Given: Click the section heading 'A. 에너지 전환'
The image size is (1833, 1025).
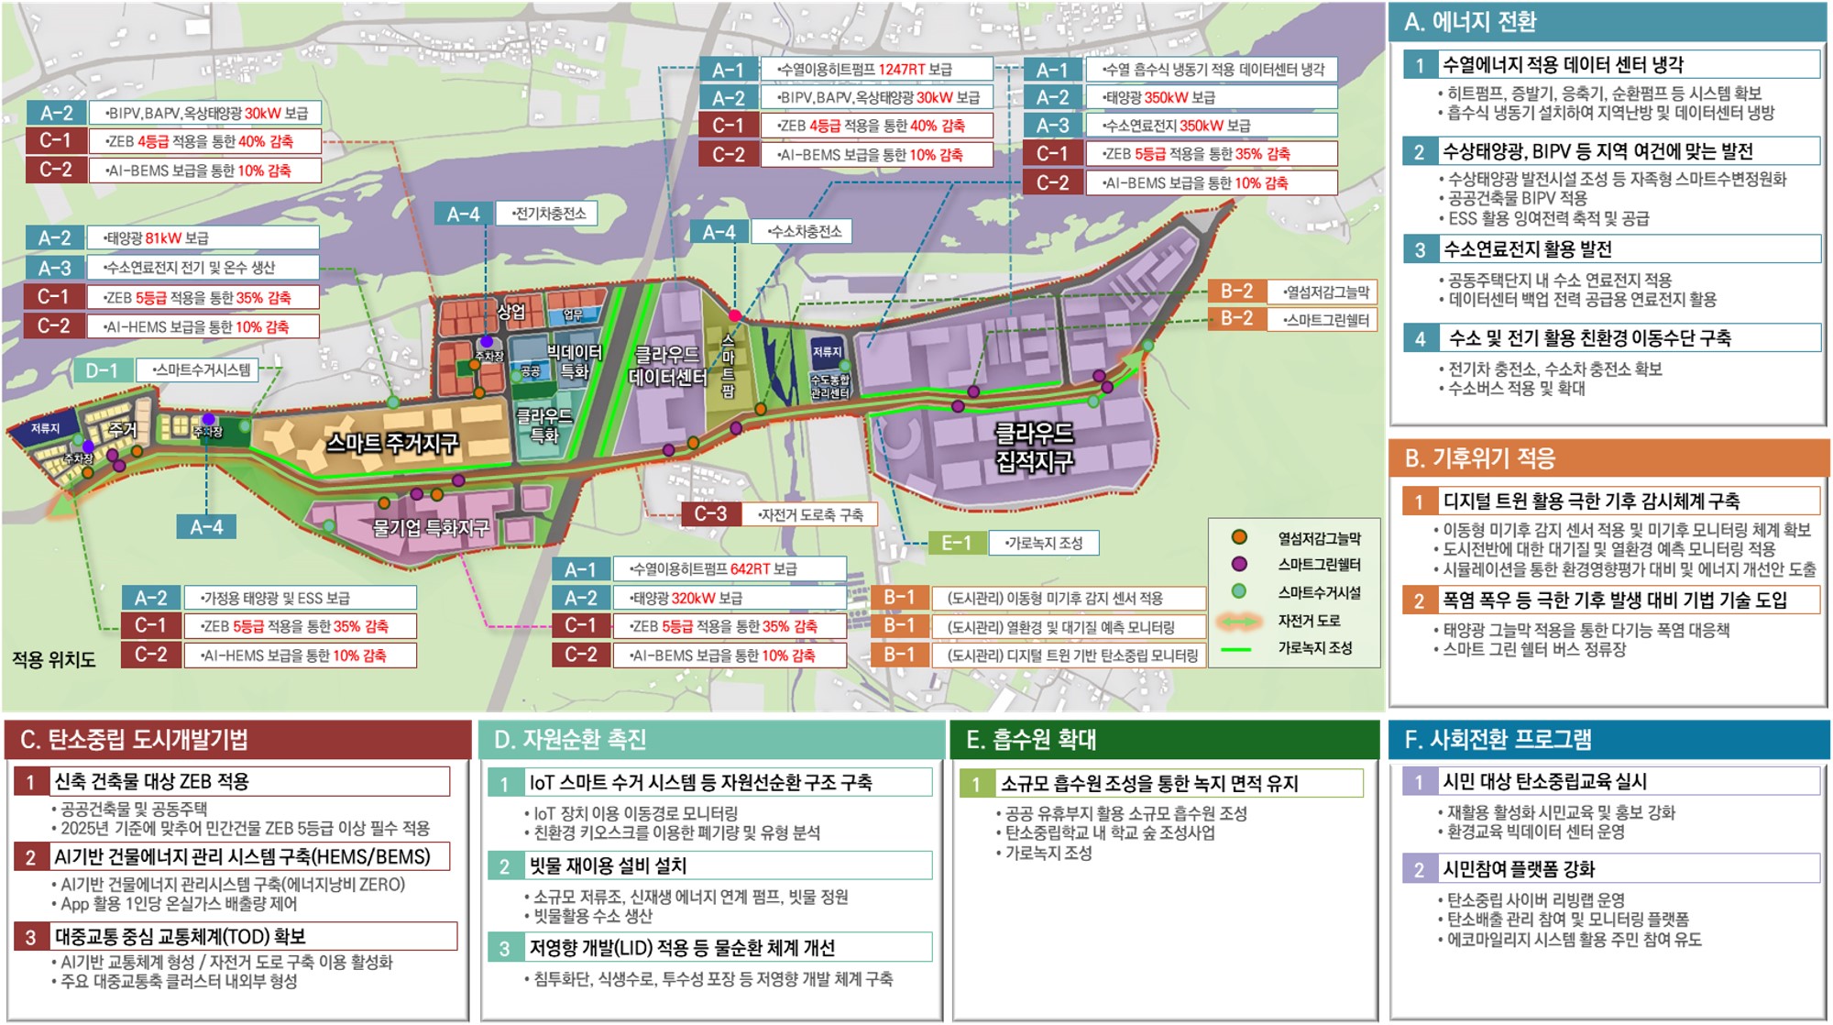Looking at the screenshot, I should [x=1471, y=22].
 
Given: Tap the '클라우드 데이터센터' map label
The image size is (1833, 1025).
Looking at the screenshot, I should [x=667, y=365].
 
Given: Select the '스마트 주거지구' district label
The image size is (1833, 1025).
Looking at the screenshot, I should [x=392, y=444].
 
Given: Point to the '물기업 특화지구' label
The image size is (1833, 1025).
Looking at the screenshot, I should [x=430, y=527].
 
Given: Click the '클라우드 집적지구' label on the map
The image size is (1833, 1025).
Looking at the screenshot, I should [x=1034, y=446].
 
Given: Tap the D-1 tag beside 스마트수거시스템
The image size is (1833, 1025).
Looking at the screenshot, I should [x=102, y=370].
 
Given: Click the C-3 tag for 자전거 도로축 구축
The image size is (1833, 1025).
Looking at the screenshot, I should [x=710, y=514].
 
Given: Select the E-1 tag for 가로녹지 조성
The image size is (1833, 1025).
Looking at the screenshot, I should [x=956, y=543].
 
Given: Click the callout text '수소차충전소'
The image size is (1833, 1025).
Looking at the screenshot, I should [x=805, y=232].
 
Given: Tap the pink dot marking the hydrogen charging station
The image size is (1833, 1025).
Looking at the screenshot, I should [x=734, y=315].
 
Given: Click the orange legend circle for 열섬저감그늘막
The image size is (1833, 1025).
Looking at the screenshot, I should [x=1239, y=537].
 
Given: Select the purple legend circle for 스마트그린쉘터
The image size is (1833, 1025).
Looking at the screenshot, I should [x=1239, y=564].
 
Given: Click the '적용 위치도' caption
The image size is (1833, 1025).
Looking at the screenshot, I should [x=53, y=659].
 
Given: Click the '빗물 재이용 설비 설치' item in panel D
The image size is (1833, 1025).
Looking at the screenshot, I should [x=607, y=865].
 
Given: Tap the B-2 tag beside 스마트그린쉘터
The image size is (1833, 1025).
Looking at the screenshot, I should [x=1236, y=319].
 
